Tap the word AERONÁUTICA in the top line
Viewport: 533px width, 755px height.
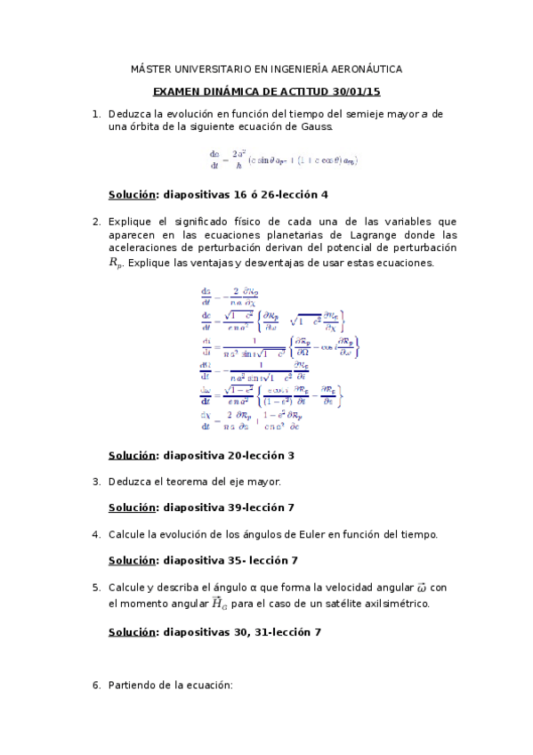[x=365, y=69]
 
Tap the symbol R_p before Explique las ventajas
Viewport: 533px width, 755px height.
[x=117, y=263]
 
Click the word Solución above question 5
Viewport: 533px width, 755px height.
[x=132, y=560]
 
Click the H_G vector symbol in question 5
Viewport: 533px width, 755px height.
[x=218, y=604]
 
